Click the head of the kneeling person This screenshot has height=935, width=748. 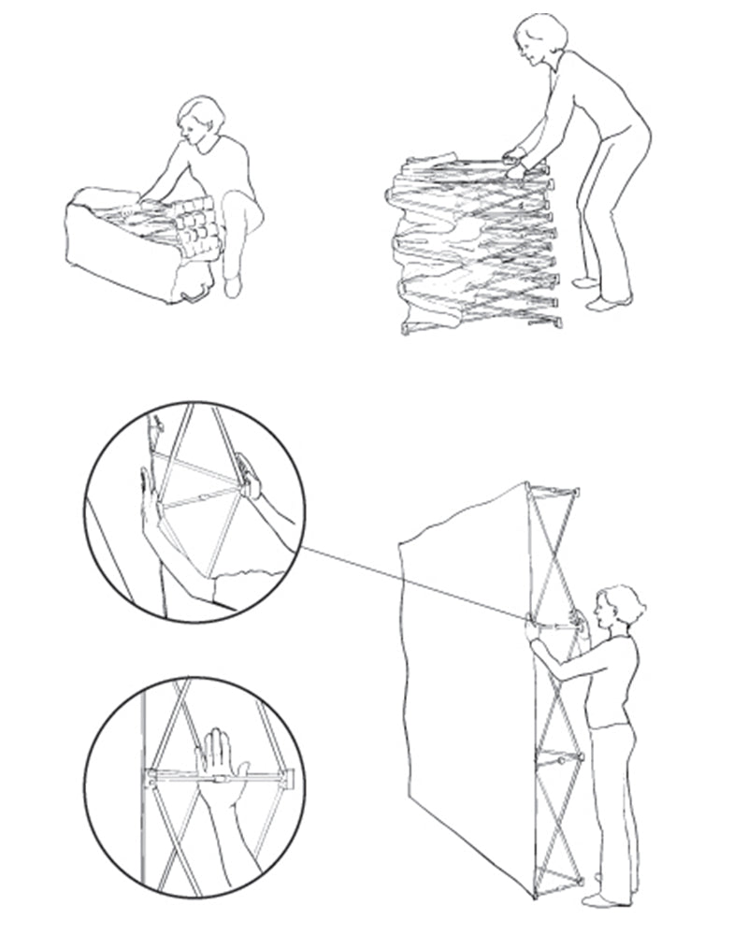coord(201,120)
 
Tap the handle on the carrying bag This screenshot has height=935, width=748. coord(197,297)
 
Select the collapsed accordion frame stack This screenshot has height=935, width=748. coord(472,245)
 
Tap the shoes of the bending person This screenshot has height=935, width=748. coord(598,294)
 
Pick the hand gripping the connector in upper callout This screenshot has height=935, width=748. coord(250,477)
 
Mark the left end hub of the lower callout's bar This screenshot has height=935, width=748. coord(150,776)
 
